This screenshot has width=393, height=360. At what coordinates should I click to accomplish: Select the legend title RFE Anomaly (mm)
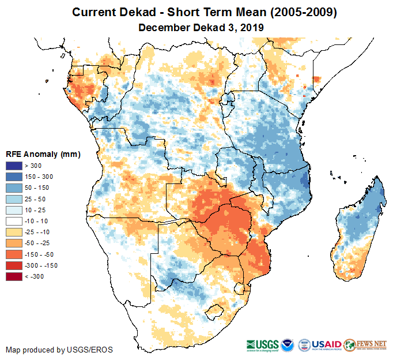[x=43, y=154]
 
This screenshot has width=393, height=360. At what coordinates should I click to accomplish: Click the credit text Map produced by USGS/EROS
[x=59, y=350]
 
